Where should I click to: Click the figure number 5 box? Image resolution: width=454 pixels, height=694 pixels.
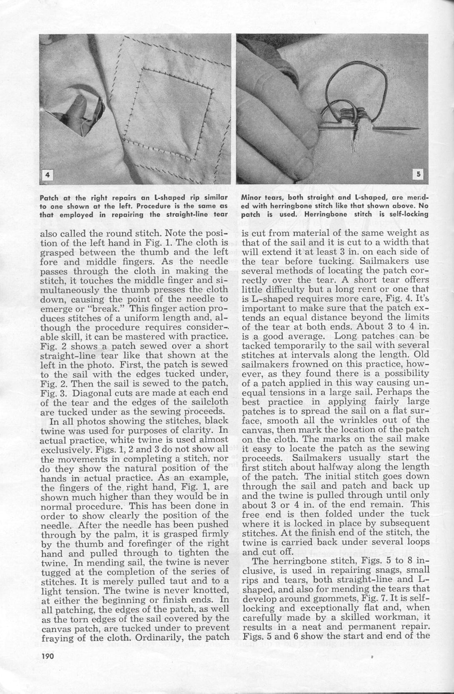418,174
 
